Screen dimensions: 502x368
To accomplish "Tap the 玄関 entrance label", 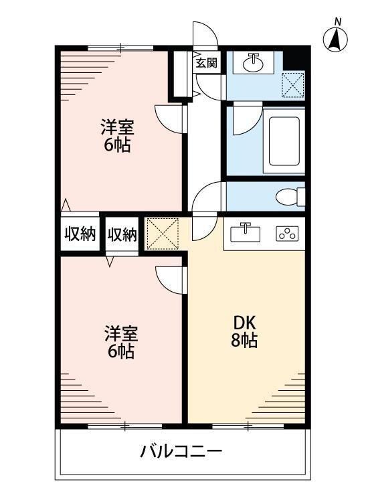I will pos(206,64).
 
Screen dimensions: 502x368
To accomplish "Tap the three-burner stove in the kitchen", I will pos(290,234).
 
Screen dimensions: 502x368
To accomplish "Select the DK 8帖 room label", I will pos(246,330).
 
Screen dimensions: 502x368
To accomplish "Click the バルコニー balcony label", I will pos(181,451).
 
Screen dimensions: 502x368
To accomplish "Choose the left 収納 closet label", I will pos(80,234).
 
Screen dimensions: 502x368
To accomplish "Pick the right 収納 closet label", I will pos(122,234).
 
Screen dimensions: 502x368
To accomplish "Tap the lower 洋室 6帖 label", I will pos(120,341).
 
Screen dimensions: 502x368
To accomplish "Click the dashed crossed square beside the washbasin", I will pos(292,86).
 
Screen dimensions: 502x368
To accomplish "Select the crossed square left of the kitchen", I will pos(163,234).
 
